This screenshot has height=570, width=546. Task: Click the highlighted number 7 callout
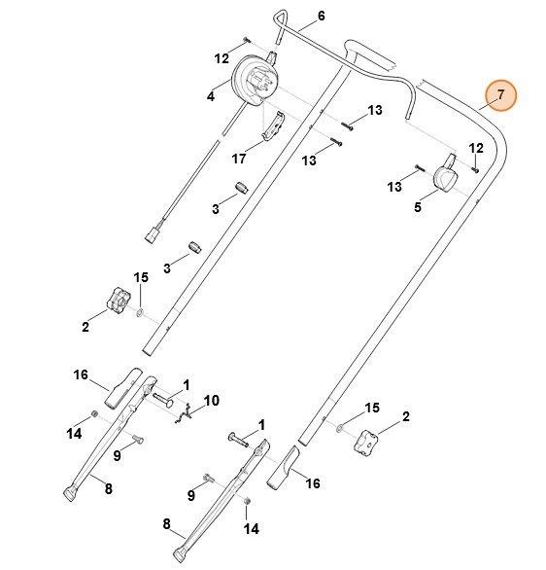tap(501, 94)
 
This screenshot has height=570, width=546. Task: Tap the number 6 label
tap(322, 17)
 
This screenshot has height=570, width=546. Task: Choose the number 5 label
tap(418, 206)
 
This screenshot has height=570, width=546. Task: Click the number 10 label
tap(214, 400)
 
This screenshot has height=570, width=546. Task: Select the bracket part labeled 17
tap(275, 126)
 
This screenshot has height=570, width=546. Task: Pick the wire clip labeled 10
tap(189, 413)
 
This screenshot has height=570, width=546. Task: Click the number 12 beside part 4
tap(222, 58)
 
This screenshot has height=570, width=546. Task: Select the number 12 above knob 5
tap(476, 148)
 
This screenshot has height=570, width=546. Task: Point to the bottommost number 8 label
tap(167, 523)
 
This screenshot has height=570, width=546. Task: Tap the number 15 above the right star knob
tap(371, 407)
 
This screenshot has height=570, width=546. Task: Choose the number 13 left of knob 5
tap(393, 186)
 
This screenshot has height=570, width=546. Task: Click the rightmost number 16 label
tap(313, 482)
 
